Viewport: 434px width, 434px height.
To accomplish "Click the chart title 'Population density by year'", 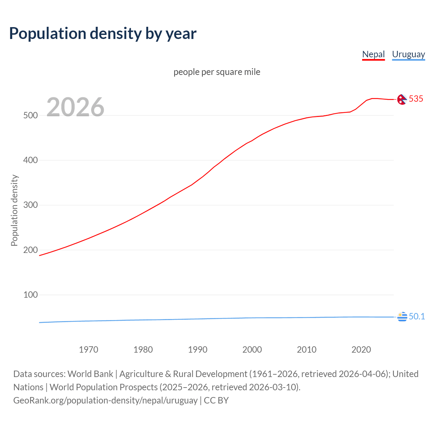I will pyautogui.click(x=103, y=34).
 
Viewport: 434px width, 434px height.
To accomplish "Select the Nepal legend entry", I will pyautogui.click(x=373, y=54).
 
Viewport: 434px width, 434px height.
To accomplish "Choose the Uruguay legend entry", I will pyautogui.click(x=408, y=54).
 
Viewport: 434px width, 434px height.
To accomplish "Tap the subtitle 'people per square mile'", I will pyautogui.click(x=217, y=72).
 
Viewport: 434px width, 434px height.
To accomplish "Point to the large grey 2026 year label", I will pyautogui.click(x=75, y=107).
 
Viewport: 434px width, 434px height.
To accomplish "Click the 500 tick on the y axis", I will pyautogui.click(x=31, y=115).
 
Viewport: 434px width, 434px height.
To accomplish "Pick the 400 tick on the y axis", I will pyautogui.click(x=31, y=160).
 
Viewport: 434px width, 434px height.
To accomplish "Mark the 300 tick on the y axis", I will pyautogui.click(x=31, y=205).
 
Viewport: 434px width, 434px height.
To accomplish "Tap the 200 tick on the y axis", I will pyautogui.click(x=31, y=250).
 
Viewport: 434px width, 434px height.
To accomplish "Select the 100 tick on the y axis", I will pyautogui.click(x=31, y=295).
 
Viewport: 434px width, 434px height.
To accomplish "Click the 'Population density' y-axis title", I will pyautogui.click(x=14, y=210).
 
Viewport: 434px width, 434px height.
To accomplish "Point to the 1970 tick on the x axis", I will pyautogui.click(x=88, y=350).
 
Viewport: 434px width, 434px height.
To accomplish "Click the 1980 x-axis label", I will pyautogui.click(x=143, y=350).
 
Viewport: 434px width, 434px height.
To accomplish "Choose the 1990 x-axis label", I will pyautogui.click(x=198, y=350).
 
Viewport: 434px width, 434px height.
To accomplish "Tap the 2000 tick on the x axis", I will pyautogui.click(x=252, y=350).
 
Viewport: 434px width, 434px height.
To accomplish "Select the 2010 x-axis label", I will pyautogui.click(x=307, y=350).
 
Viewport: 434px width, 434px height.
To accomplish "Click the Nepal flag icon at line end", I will pyautogui.click(x=402, y=99).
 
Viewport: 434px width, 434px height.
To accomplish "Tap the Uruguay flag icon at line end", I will pyautogui.click(x=402, y=317).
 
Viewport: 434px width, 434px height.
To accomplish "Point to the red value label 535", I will pyautogui.click(x=416, y=99).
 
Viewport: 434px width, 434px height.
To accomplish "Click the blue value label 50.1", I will pyautogui.click(x=417, y=316).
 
